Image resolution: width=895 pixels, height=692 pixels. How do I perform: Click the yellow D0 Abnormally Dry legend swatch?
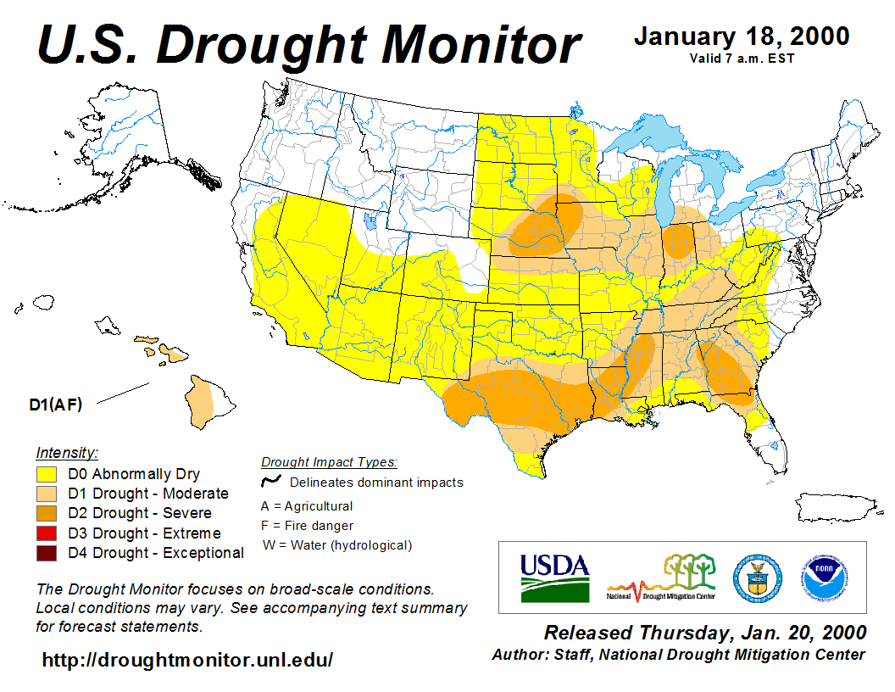click(46, 474)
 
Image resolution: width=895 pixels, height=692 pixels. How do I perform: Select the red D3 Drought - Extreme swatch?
click(46, 533)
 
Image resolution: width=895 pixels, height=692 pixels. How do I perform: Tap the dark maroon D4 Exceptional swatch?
click(46, 553)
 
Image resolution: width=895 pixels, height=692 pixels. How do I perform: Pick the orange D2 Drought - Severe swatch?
click(46, 513)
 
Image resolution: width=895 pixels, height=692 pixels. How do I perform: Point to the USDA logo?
click(554, 577)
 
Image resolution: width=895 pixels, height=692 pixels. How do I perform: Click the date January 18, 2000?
click(741, 36)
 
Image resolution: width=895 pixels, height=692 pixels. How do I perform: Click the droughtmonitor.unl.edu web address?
click(187, 659)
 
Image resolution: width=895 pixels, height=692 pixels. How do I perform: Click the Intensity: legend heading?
click(67, 452)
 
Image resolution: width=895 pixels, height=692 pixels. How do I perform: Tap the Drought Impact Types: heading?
click(329, 462)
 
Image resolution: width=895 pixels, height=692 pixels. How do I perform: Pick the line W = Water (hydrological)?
click(336, 545)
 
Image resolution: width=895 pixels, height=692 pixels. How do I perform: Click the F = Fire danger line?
click(308, 526)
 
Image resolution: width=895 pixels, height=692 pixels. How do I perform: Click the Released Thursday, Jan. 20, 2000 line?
click(704, 633)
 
